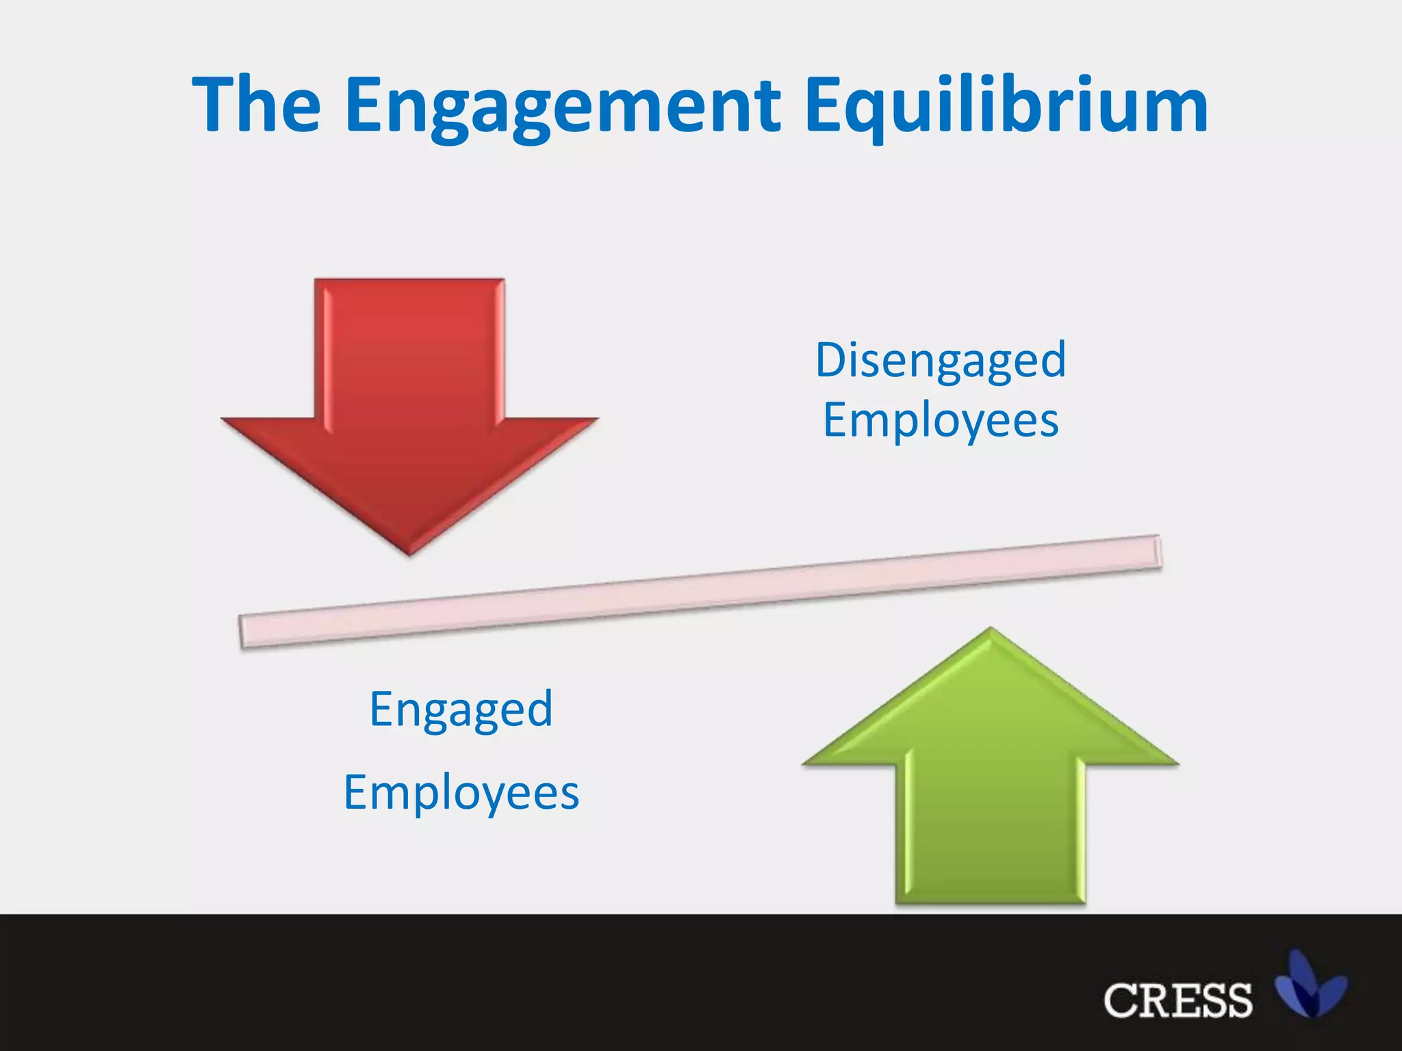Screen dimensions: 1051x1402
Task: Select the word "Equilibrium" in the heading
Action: point(1006,106)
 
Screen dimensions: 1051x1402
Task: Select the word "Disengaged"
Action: point(941,360)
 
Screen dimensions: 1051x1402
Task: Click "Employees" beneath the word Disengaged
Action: point(941,420)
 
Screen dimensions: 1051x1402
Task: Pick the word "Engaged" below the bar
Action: point(461,710)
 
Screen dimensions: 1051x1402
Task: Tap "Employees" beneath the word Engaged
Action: point(461,792)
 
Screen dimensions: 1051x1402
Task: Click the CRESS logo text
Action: point(1177,1000)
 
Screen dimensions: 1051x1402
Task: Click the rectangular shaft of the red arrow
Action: point(409,349)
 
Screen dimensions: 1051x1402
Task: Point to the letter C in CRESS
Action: point(1121,1000)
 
